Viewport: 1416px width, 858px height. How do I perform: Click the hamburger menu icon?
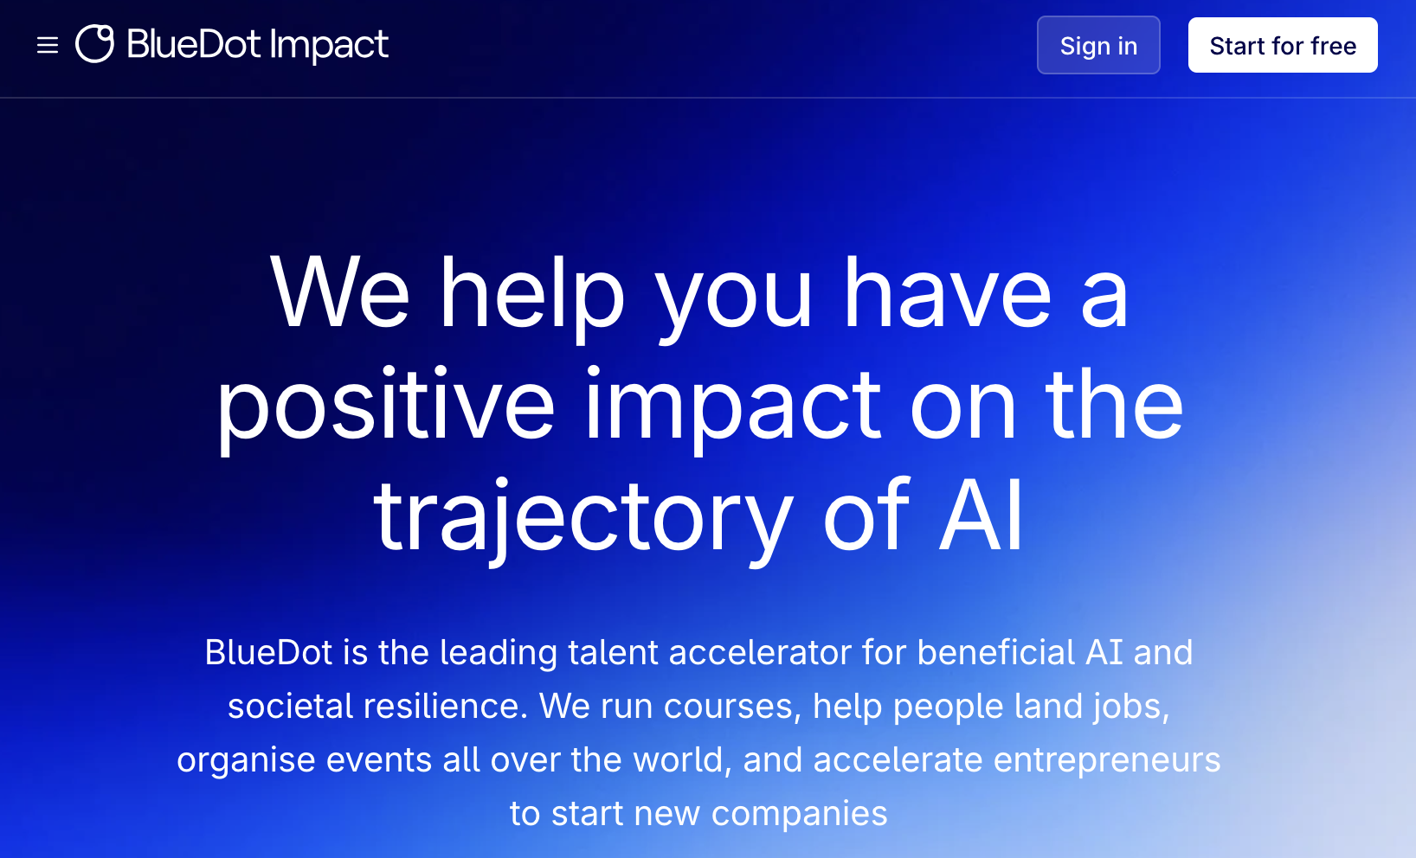coord(48,45)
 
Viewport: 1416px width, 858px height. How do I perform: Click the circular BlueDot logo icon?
coord(95,44)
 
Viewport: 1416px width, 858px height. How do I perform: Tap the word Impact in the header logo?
coord(329,45)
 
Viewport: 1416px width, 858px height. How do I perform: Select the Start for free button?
coord(1282,45)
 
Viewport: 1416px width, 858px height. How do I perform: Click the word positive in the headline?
coord(385,405)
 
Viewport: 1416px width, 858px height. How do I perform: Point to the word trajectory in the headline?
coord(582,516)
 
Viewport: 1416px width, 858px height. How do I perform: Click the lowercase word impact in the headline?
coord(732,405)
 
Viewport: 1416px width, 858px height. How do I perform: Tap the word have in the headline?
coord(947,294)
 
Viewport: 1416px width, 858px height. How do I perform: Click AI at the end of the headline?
coord(982,516)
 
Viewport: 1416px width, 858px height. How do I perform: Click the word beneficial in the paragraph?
coord(995,652)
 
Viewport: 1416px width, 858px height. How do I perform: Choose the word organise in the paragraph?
coord(246,759)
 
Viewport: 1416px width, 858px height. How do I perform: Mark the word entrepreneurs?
coord(1106,759)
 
